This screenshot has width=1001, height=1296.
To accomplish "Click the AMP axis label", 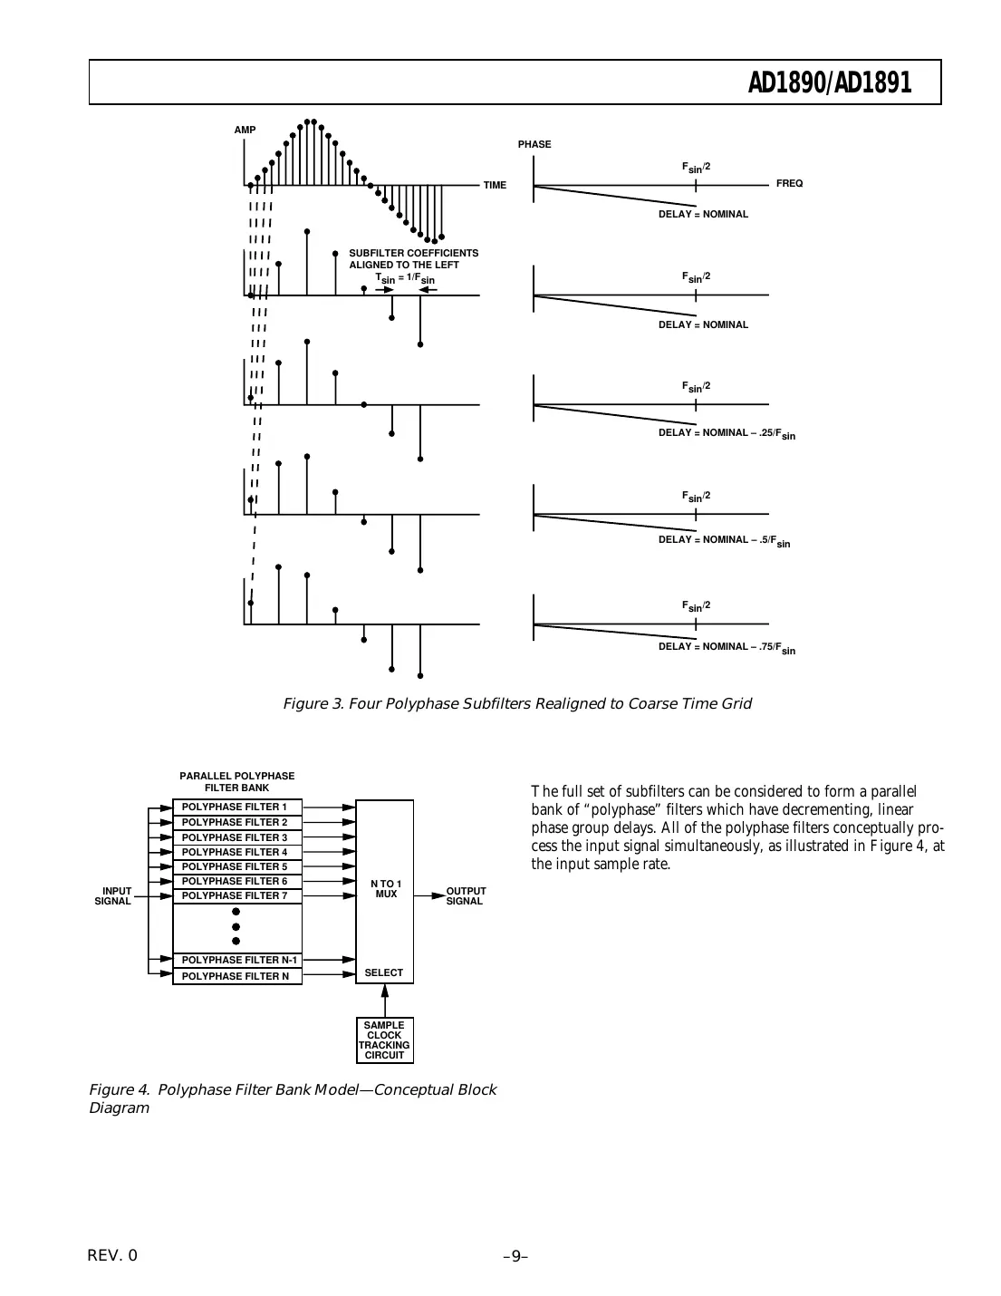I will (x=245, y=131).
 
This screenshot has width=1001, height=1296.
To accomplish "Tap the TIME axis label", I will (x=495, y=185).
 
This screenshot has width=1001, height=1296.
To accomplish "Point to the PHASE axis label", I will (x=534, y=144).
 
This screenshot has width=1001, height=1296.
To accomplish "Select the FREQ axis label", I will (x=789, y=183).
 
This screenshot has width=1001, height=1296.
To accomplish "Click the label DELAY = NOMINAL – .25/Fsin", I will (x=727, y=433).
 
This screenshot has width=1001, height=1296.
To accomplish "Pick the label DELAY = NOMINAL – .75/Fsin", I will (x=727, y=647).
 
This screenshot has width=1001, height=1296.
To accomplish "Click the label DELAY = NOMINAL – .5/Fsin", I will (x=724, y=540).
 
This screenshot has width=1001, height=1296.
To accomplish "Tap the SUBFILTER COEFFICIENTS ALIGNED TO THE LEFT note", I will (x=413, y=259).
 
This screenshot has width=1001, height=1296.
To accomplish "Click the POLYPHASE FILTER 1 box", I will (x=236, y=807).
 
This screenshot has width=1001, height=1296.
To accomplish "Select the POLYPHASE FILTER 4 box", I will (x=236, y=852).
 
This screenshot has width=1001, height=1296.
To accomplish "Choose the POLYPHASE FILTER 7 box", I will (x=236, y=895).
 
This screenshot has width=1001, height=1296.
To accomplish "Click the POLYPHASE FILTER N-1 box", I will (x=236, y=960).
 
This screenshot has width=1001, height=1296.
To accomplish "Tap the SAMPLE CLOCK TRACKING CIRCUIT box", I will (x=385, y=1040).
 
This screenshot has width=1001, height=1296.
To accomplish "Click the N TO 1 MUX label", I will (x=386, y=889).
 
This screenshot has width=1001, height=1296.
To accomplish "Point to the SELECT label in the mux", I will (x=383, y=972).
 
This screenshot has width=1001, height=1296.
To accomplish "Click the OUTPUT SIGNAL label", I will (x=466, y=895).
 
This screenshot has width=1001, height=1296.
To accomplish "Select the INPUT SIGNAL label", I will (x=114, y=895).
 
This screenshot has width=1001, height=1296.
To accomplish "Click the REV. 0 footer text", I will (x=112, y=1255).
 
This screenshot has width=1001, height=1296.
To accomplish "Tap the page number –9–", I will (x=515, y=1256).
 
